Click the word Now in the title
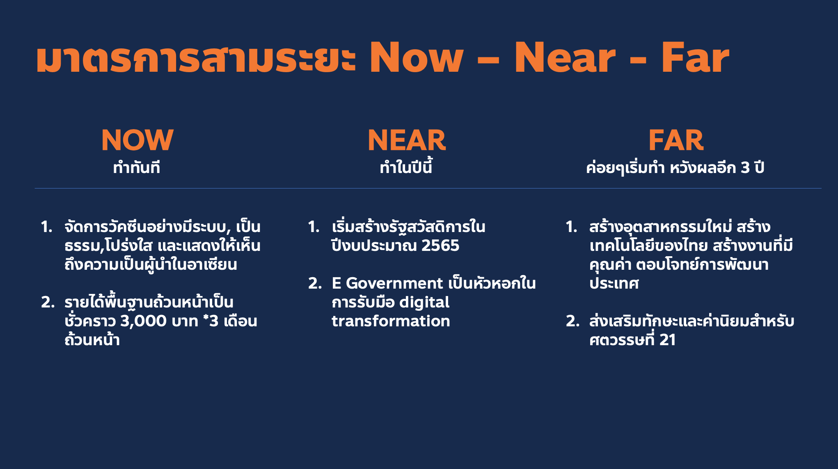coord(417,58)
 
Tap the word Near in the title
coord(565,58)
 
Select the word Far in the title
coord(695,58)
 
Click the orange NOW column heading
coord(137,140)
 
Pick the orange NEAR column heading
coord(407,140)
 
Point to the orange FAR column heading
coord(676,140)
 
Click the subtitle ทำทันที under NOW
coord(137,167)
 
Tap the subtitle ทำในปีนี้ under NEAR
coord(406,167)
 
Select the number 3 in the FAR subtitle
coord(745,168)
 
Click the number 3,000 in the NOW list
coord(143,321)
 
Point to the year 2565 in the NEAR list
coord(440,246)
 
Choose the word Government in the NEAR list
coord(394,283)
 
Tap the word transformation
coord(391,321)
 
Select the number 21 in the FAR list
coord(667,340)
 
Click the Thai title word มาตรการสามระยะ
coord(196,58)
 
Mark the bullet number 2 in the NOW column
coord(48,303)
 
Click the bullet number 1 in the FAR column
coord(572,227)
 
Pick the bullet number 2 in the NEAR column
coord(315,283)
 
